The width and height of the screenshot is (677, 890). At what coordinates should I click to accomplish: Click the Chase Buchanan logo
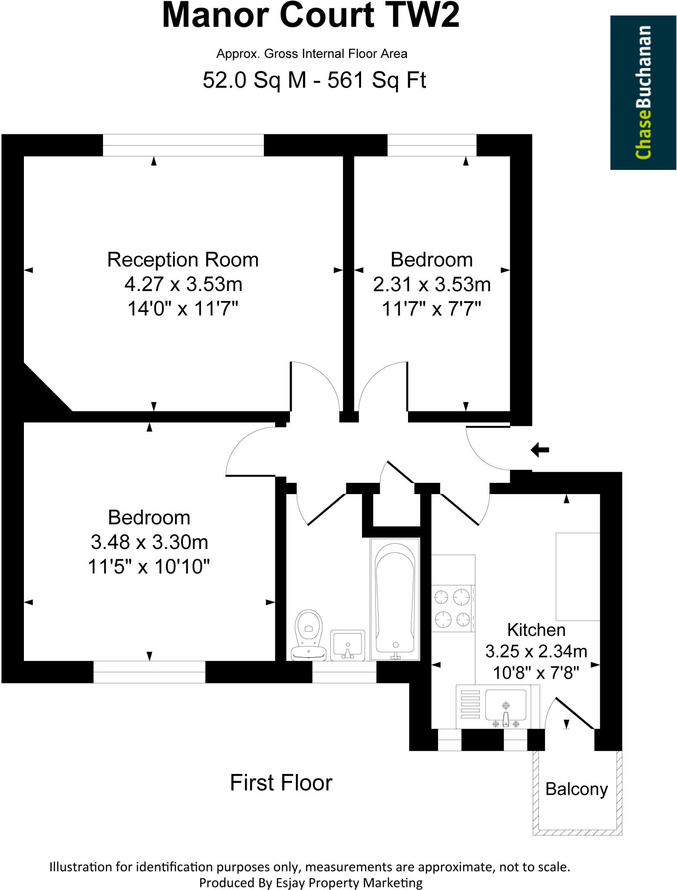point(643,93)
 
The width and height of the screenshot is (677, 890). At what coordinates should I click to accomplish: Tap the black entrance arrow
point(540,450)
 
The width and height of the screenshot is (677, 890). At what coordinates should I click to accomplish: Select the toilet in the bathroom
point(309,634)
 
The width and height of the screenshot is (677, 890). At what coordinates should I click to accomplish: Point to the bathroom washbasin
point(347,645)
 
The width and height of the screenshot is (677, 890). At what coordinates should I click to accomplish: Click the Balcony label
point(576,789)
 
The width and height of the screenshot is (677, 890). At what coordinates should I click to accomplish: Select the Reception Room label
point(183,260)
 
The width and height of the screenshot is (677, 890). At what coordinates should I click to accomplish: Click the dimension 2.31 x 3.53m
point(431,285)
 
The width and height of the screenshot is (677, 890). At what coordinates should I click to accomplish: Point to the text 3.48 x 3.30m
point(149,542)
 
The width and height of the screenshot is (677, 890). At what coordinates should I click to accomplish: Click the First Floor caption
point(281,783)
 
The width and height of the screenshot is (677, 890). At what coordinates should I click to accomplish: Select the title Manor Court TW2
point(310,16)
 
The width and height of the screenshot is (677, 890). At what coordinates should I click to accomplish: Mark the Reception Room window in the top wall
point(183,145)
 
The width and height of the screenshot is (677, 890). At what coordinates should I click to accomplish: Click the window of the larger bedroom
point(149,672)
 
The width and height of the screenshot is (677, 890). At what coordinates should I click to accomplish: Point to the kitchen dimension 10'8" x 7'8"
point(536,673)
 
